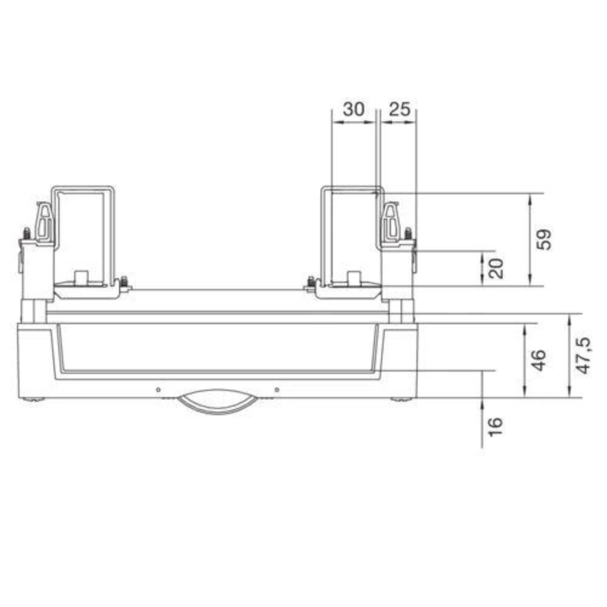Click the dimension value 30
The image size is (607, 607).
click(x=353, y=109)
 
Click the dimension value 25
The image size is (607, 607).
click(x=399, y=109)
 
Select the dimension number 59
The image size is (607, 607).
click(x=544, y=240)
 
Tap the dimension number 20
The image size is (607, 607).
click(x=497, y=268)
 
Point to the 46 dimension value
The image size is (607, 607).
click(x=538, y=360)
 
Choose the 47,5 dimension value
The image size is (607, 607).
click(x=583, y=355)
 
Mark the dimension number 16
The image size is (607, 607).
click(x=495, y=427)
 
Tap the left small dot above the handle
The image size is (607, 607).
click(x=158, y=390)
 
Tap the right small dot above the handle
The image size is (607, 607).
click(x=277, y=390)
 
